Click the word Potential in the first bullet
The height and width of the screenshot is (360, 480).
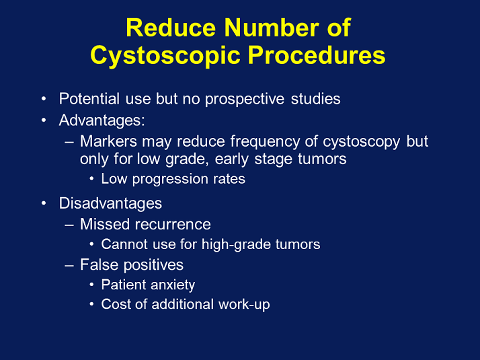87,99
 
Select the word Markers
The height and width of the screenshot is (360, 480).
107,142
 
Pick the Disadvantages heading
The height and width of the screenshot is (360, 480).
110,203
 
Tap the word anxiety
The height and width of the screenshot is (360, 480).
173,285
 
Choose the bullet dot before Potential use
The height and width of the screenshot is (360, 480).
44,99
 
